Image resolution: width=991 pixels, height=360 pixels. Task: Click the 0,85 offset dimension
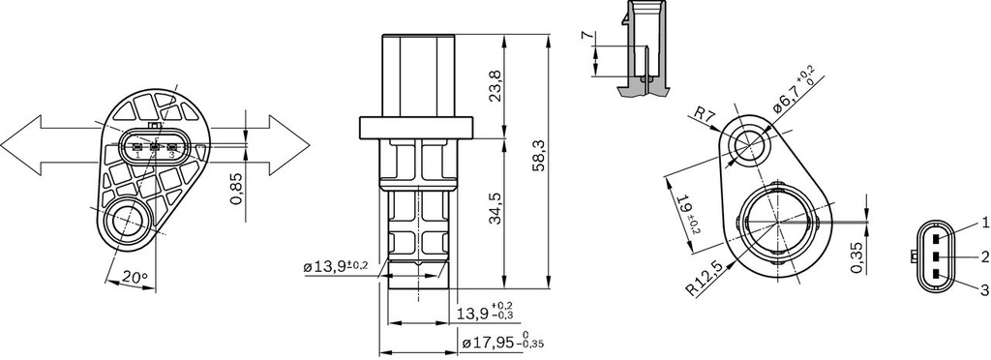(236, 187)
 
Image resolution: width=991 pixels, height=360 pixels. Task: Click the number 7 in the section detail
(585, 37)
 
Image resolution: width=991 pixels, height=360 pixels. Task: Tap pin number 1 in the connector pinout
(983, 224)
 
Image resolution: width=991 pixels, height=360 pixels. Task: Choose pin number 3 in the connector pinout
(983, 289)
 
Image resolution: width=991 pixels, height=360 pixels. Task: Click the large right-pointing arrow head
(285, 145)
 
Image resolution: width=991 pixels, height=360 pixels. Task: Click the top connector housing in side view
(418, 75)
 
